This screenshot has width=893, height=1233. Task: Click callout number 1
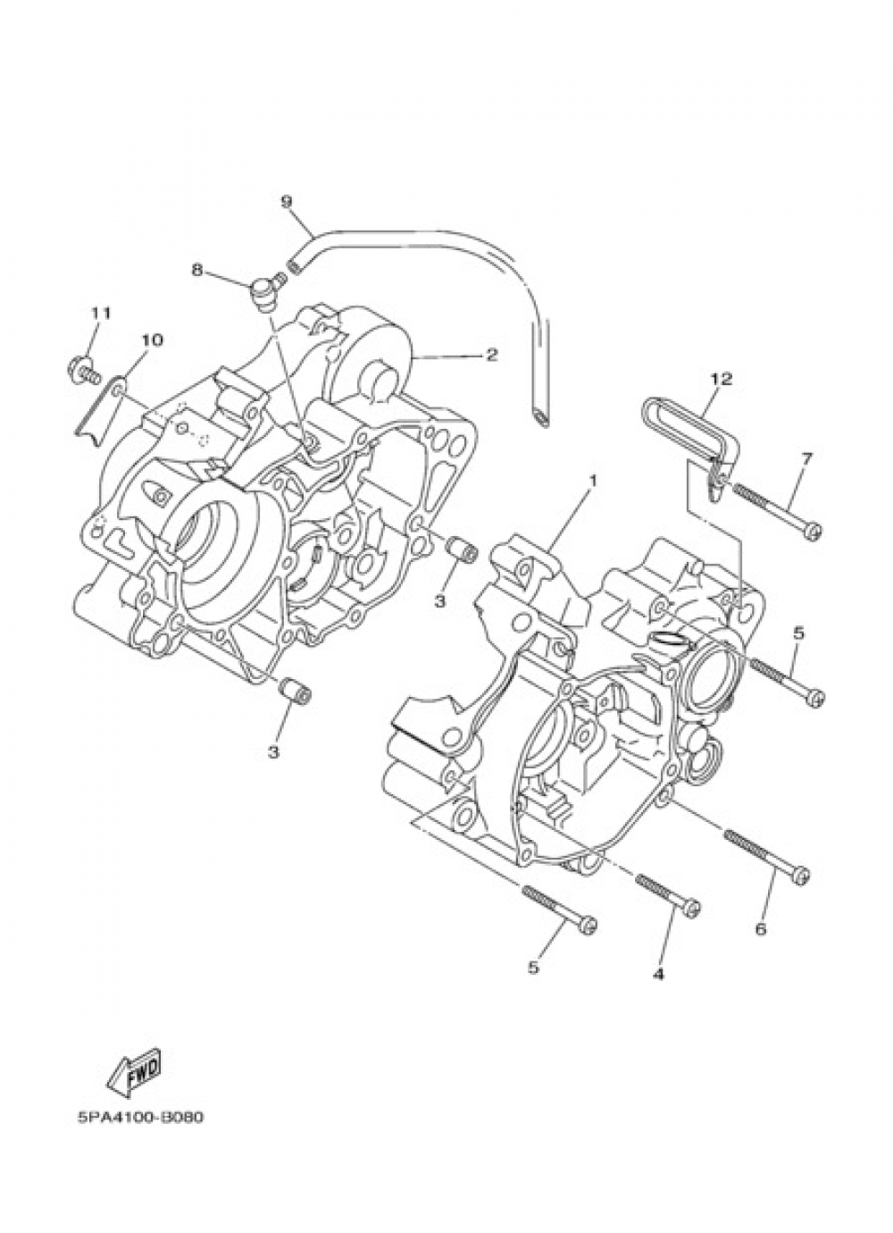591,480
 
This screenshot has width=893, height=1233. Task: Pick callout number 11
99,313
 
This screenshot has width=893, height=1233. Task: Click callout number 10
151,340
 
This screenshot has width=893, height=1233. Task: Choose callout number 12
721,378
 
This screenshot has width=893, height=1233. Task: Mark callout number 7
806,458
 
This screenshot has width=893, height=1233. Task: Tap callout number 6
761,929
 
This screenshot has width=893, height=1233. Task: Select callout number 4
658,973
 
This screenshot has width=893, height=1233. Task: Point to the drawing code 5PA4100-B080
136,1118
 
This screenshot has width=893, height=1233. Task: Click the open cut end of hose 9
542,418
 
